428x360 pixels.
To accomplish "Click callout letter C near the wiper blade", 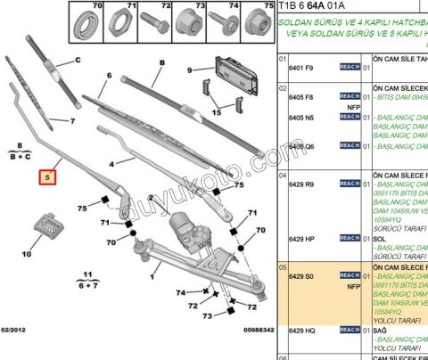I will tap(78, 60).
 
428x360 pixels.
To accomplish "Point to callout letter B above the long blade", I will tap(163, 61).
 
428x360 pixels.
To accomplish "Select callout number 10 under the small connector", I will tap(26, 254).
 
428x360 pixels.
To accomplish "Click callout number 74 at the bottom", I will tap(181, 292).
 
